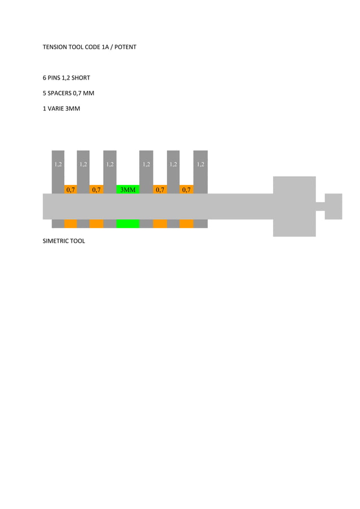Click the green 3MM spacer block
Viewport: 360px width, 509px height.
tap(128, 189)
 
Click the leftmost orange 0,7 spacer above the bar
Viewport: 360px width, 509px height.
tap(71, 189)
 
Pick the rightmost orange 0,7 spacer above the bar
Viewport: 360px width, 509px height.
tap(186, 189)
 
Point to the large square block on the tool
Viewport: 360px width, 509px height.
tap(294, 206)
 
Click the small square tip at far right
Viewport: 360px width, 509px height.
tap(333, 206)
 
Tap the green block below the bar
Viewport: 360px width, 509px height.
tap(128, 223)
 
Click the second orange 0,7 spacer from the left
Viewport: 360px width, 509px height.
tap(96, 189)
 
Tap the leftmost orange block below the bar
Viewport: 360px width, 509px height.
tap(71, 223)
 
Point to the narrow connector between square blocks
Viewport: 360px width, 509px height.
tap(320, 206)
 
